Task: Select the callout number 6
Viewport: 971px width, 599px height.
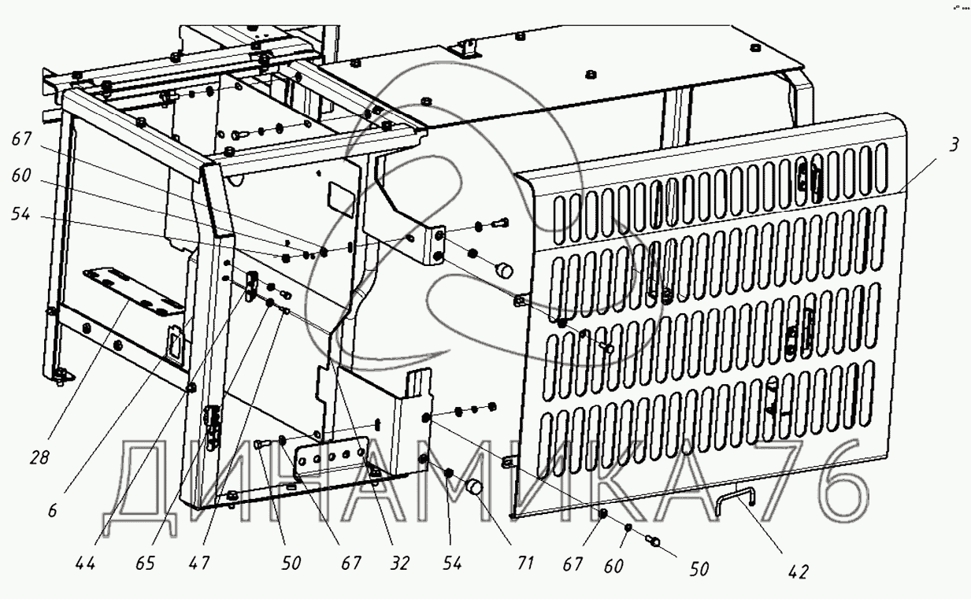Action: [x=52, y=510]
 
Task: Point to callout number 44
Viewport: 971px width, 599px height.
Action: [x=87, y=564]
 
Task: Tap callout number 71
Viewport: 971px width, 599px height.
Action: [x=525, y=564]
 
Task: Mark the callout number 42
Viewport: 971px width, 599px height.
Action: [x=799, y=572]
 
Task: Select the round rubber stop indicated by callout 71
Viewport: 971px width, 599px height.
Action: [x=473, y=488]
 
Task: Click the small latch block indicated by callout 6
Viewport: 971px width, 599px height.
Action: [x=252, y=285]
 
